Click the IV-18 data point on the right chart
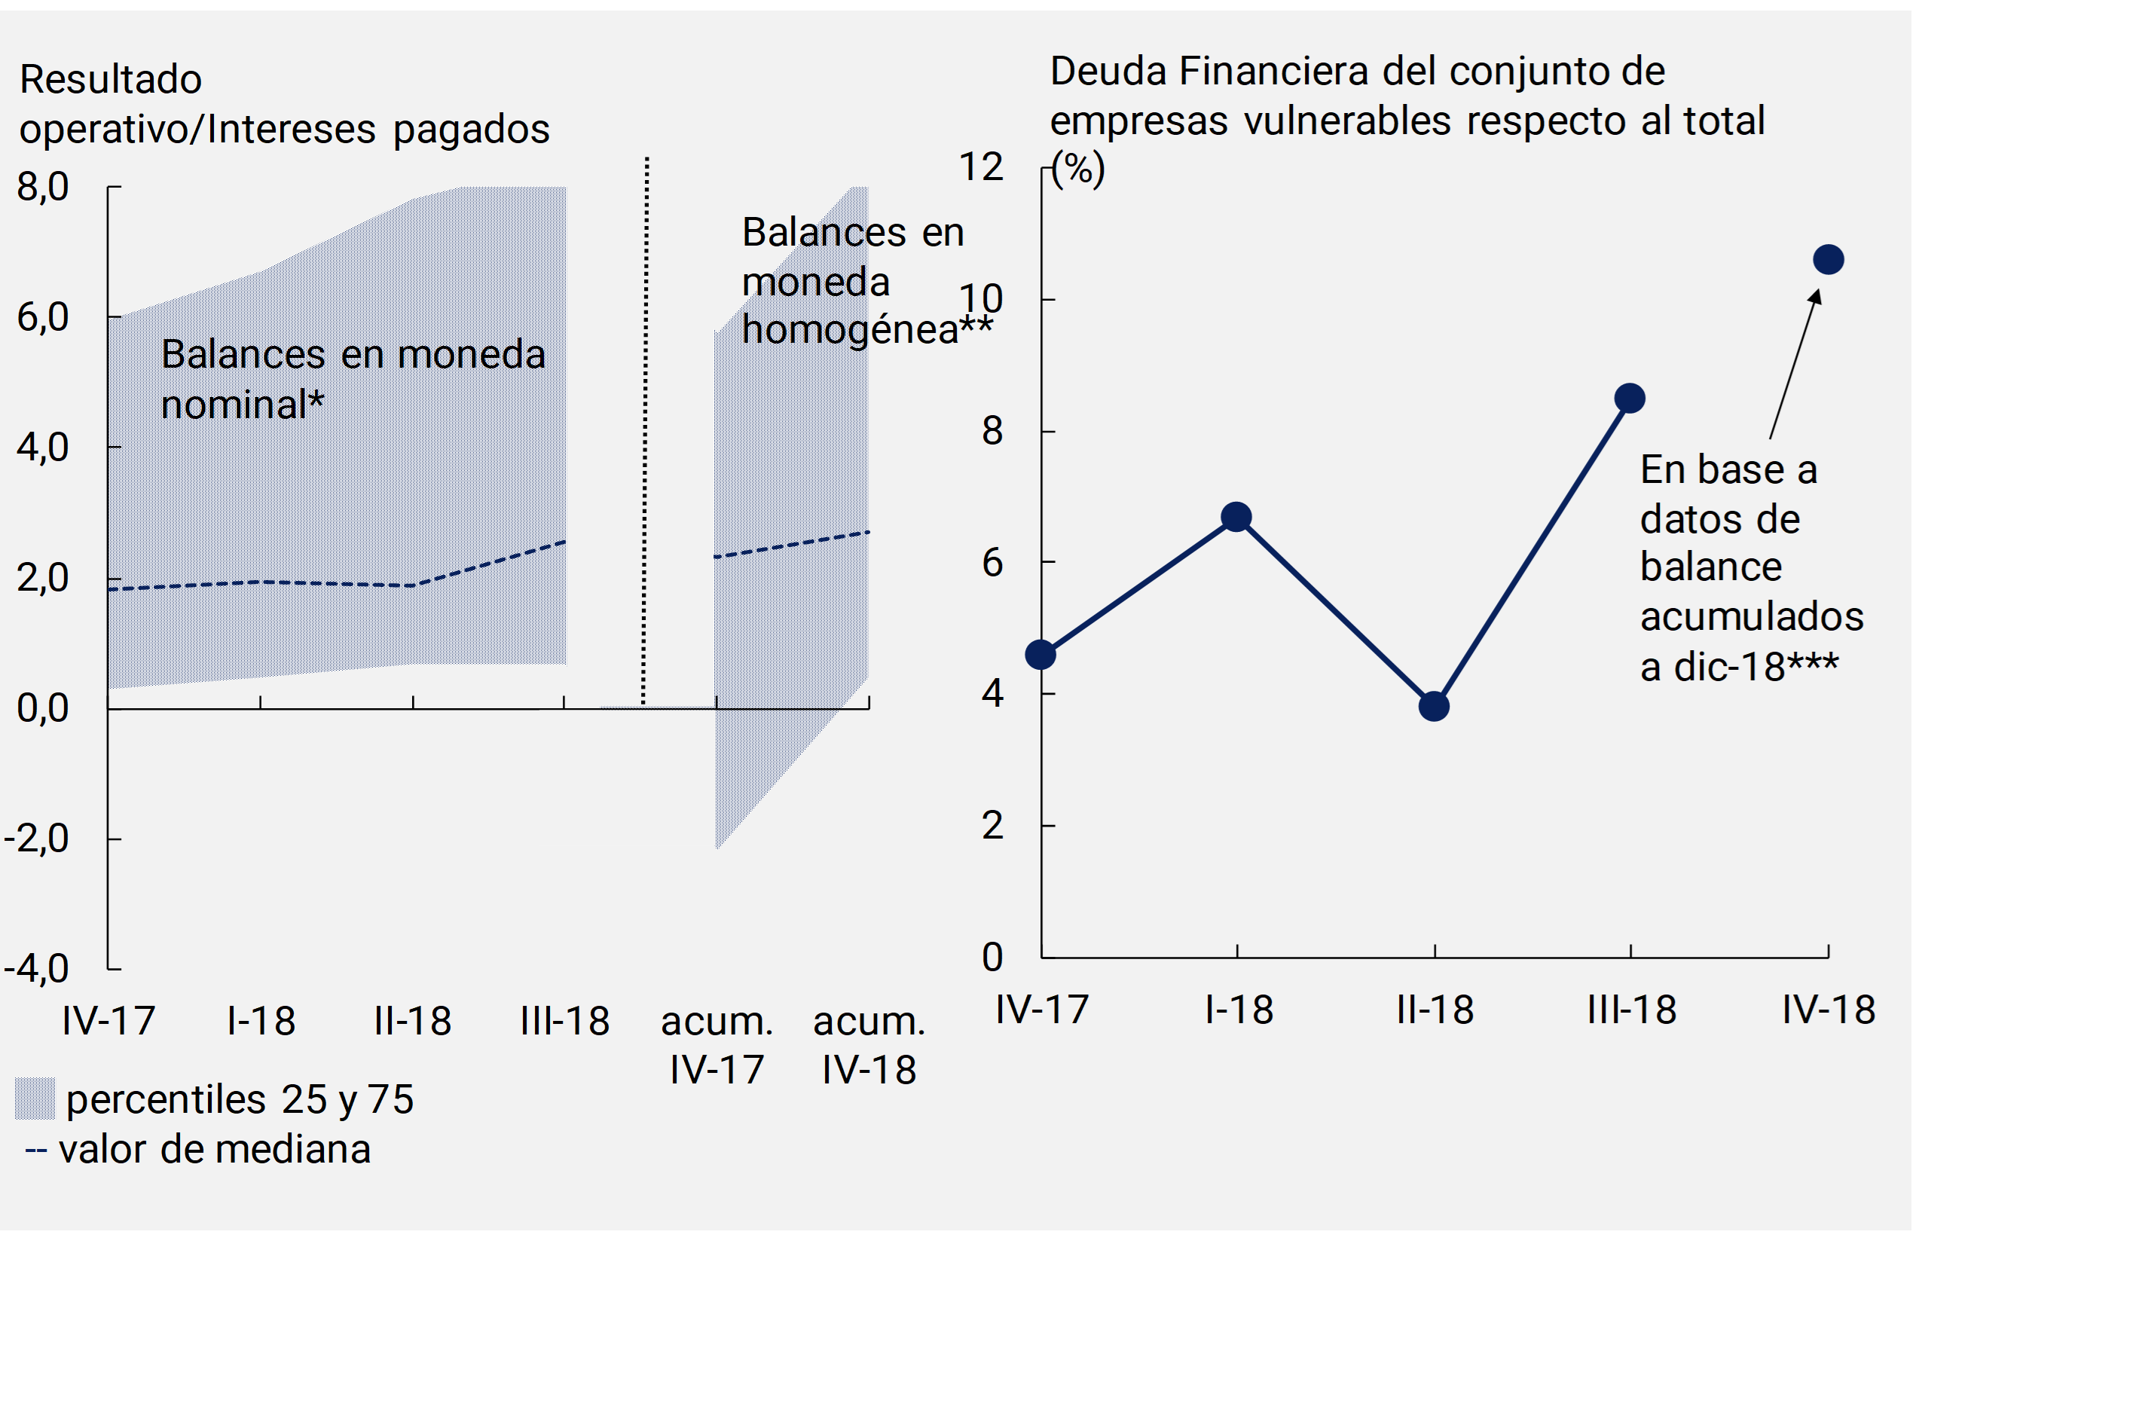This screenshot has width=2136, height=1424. pyautogui.click(x=1827, y=260)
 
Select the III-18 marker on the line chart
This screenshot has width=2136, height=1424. pyautogui.click(x=1630, y=398)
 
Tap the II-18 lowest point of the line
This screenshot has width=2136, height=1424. pyautogui.click(x=1434, y=706)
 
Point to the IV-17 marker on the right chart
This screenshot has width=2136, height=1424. pyautogui.click(x=1040, y=654)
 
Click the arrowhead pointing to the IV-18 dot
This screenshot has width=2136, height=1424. pyautogui.click(x=1814, y=298)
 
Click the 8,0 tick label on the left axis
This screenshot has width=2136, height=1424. pyautogui.click(x=43, y=187)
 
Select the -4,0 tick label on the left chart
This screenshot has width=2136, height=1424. pyautogui.click(x=37, y=969)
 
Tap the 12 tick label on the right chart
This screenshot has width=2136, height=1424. pyautogui.click(x=981, y=167)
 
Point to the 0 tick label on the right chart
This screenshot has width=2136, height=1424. pyautogui.click(x=992, y=957)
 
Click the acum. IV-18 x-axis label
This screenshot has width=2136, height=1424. pyautogui.click(x=869, y=1045)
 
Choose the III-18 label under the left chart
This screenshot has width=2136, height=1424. pyautogui.click(x=565, y=1022)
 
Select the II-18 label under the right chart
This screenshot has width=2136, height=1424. pyautogui.click(x=1435, y=1010)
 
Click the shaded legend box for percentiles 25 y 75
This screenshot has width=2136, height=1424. pyautogui.click(x=35, y=1099)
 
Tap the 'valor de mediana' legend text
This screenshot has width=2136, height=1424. pyautogui.click(x=214, y=1150)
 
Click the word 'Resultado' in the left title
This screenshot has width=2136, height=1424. pyautogui.click(x=111, y=80)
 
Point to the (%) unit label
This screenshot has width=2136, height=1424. pyautogui.click(x=1078, y=169)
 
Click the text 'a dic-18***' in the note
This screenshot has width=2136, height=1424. pyautogui.click(x=1739, y=668)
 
